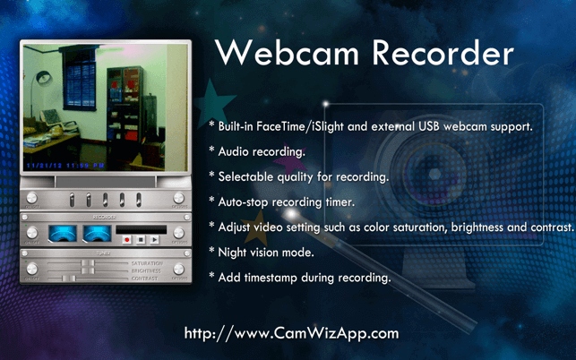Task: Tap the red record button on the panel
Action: click(127, 240)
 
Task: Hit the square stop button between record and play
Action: click(141, 240)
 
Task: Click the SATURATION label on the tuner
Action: click(147, 262)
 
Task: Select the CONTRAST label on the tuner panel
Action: click(145, 279)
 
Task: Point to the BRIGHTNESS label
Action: click(147, 270)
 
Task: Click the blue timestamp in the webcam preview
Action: click(64, 167)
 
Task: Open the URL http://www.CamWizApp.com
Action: click(291, 333)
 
